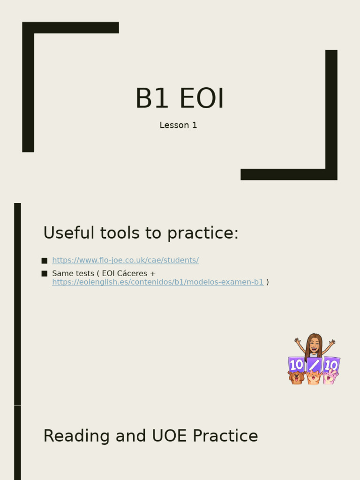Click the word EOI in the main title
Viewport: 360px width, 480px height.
pos(202,98)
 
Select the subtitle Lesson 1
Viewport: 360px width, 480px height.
pos(178,125)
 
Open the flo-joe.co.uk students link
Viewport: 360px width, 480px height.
pos(125,260)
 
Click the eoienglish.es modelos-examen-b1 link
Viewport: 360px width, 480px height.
pos(157,282)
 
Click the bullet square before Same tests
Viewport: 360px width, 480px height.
pos(45,273)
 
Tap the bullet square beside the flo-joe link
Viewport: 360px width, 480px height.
pos(45,261)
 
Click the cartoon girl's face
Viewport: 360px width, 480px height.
pos(314,345)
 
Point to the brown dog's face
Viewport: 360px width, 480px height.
pos(296,376)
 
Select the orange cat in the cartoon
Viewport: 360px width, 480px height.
pos(313,376)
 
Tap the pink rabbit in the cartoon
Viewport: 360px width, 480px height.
pos(330,375)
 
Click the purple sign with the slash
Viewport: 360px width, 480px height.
pos(314,365)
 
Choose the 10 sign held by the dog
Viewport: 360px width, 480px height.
pos(296,364)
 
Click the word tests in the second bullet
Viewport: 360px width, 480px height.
pos(84,273)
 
